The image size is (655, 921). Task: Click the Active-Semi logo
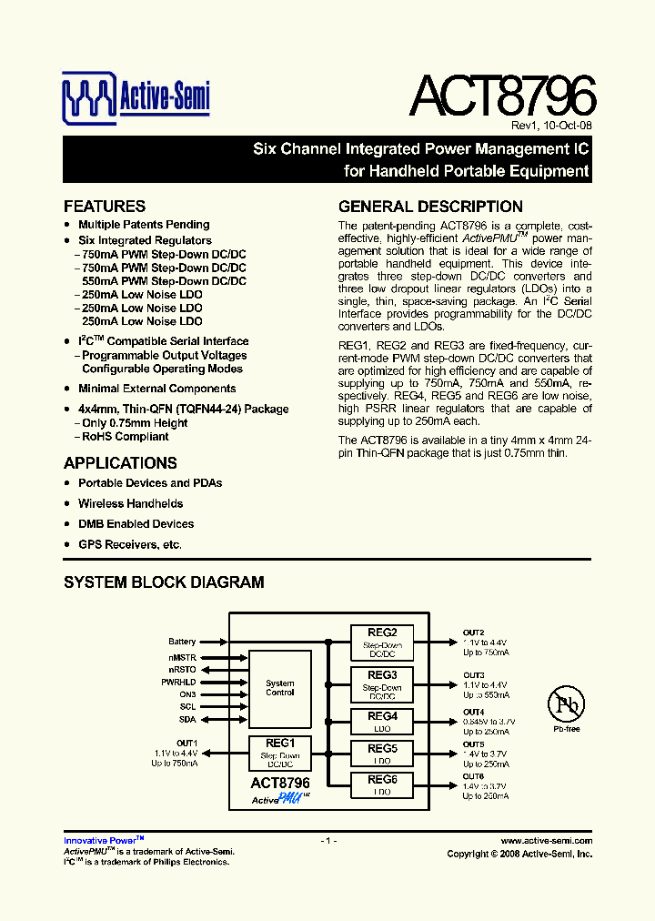click(136, 97)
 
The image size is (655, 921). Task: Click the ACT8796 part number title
click(502, 94)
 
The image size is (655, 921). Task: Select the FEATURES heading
click(105, 207)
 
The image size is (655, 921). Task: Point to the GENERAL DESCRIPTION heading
click(430, 207)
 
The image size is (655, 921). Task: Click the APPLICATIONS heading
click(120, 462)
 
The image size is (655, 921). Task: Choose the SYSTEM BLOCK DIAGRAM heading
click(164, 582)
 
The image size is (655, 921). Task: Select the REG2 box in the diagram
click(382, 642)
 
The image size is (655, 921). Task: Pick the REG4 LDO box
click(382, 722)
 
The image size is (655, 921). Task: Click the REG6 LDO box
click(382, 784)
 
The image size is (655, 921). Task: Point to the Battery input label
click(182, 643)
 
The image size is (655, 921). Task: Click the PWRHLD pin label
click(178, 682)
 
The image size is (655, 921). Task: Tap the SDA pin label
click(187, 719)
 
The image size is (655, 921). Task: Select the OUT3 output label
click(473, 675)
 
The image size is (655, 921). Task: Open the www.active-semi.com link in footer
click(546, 841)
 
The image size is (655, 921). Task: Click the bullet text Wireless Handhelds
click(130, 503)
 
